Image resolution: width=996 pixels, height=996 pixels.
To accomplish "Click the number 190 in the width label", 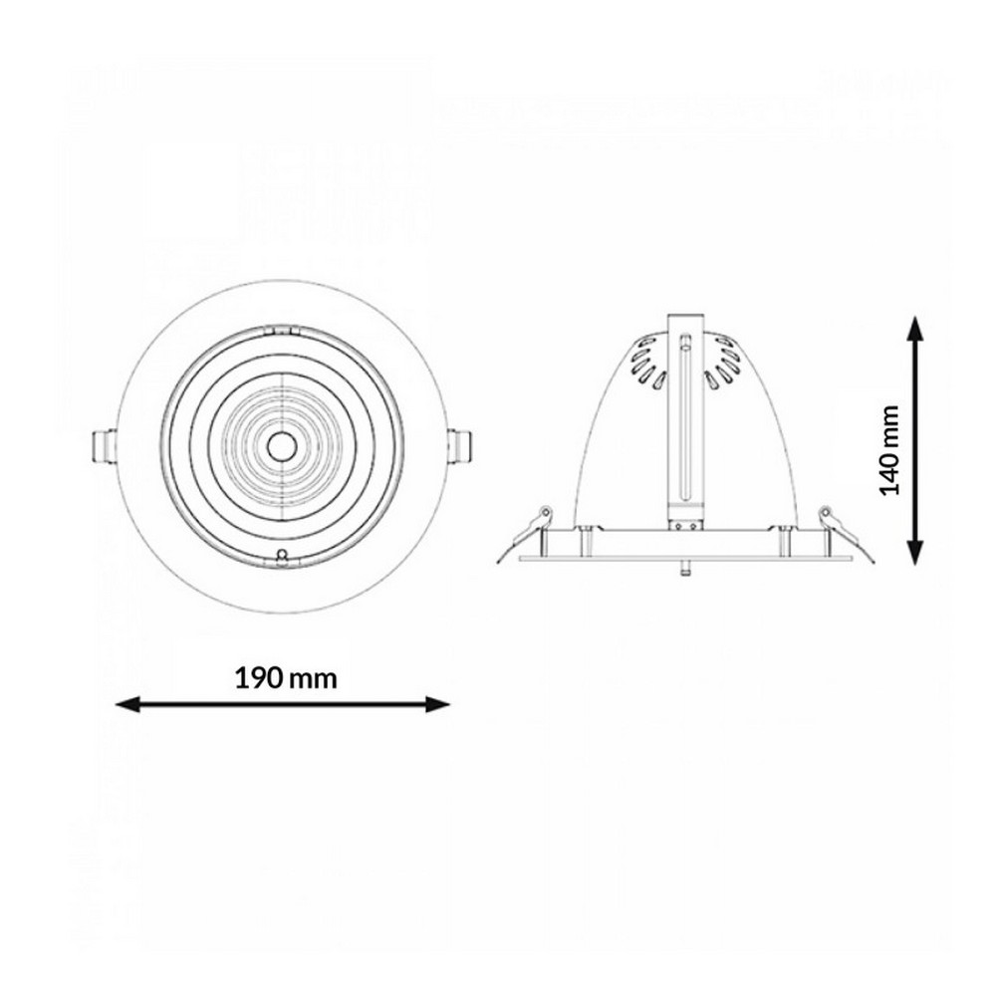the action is click(259, 678).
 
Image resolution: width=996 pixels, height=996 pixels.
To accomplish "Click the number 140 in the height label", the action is click(889, 471).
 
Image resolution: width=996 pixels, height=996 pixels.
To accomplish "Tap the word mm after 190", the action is click(313, 679).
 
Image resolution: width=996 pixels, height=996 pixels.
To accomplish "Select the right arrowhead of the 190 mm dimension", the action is click(437, 704).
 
